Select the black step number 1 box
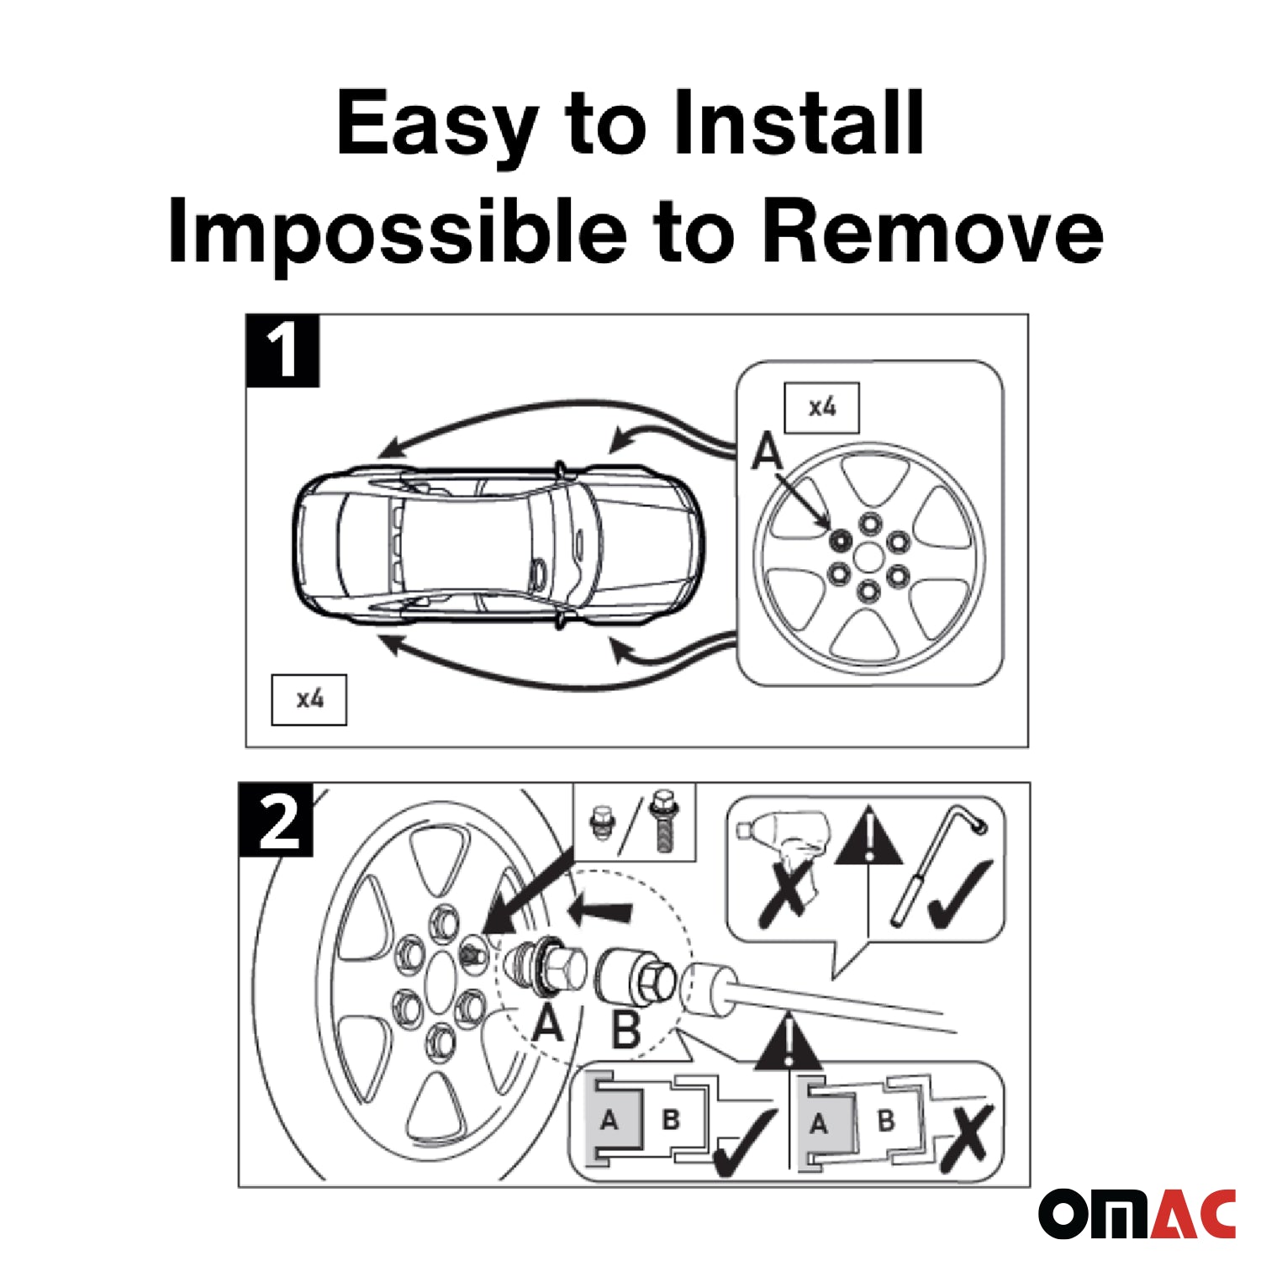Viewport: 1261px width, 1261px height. (x=282, y=351)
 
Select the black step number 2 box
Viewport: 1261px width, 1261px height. (x=277, y=820)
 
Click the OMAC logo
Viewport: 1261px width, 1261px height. (x=1137, y=1213)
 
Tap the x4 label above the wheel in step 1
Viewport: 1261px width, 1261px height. (x=821, y=408)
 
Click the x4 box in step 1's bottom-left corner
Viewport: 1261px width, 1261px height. (x=309, y=699)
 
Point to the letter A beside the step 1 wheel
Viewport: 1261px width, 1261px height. (x=767, y=451)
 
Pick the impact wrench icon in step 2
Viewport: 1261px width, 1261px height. (x=782, y=849)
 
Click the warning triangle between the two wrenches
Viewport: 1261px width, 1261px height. (x=868, y=836)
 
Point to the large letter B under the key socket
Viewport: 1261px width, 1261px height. (x=626, y=1028)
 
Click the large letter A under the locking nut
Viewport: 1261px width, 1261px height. (x=548, y=1022)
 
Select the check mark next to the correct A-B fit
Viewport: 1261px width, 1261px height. (x=743, y=1141)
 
